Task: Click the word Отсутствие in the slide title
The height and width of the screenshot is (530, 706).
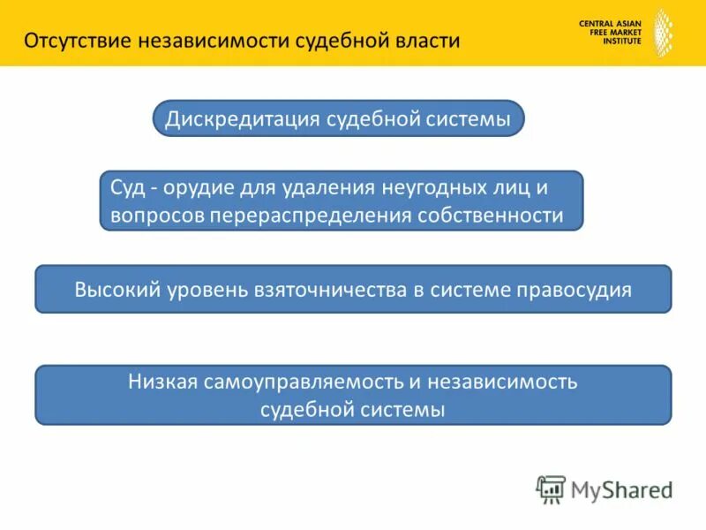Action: point(79,42)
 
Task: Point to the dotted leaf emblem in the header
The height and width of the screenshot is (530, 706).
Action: point(661,33)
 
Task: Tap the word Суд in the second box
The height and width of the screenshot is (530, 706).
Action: point(126,188)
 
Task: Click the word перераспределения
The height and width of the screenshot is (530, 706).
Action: point(308,216)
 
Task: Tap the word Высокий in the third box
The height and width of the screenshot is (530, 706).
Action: point(117,289)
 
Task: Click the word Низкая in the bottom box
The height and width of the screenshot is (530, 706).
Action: point(162,382)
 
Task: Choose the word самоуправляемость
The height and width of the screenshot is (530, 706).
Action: point(302,382)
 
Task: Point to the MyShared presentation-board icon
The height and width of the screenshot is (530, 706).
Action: point(551,488)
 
